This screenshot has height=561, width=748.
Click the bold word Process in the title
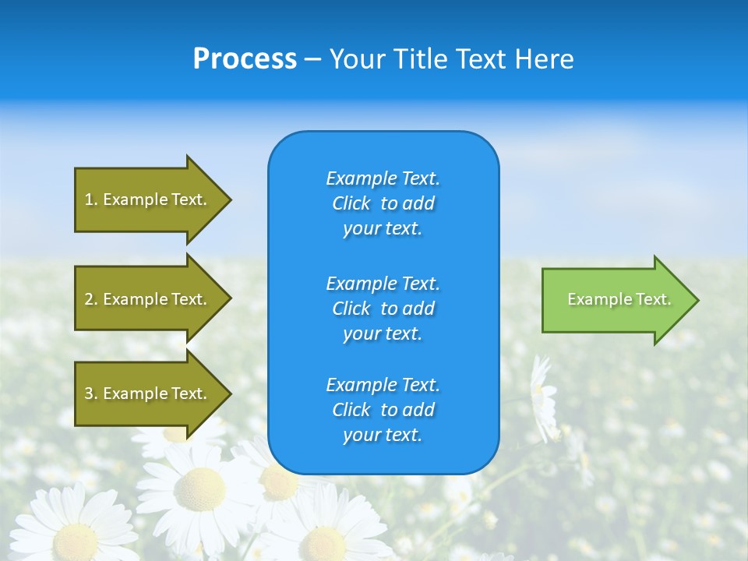coord(245,59)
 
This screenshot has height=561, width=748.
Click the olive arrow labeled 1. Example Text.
coord(148,199)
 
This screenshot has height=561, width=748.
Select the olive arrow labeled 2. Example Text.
coord(148,299)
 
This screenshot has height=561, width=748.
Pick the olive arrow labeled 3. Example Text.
coord(148,393)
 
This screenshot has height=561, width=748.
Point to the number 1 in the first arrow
coord(89,199)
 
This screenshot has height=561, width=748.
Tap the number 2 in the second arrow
coord(89,299)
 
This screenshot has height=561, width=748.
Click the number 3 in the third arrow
coord(89,393)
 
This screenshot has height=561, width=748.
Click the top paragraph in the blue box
coord(383,203)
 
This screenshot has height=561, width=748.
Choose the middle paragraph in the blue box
coord(383,309)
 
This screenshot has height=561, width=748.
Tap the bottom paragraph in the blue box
coord(383,410)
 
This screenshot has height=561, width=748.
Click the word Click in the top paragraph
coord(351,203)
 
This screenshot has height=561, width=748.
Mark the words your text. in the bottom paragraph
coord(383,436)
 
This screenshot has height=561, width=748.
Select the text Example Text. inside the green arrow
coord(619,299)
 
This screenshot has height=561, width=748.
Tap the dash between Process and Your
coord(312,60)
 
